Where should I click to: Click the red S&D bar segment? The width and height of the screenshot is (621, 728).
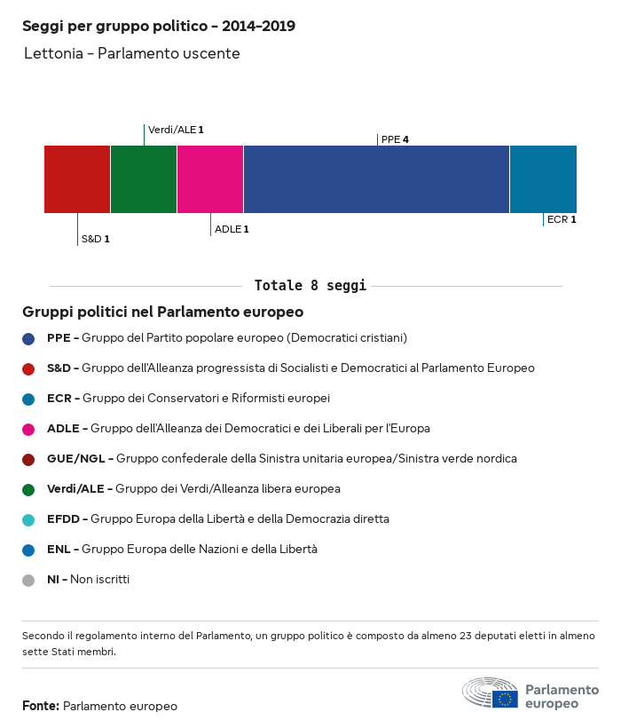77,179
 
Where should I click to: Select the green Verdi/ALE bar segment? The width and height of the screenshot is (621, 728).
144,179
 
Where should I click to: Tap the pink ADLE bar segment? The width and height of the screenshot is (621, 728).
210,179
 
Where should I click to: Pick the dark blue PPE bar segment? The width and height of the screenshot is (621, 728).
376,179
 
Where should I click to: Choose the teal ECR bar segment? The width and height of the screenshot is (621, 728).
544,179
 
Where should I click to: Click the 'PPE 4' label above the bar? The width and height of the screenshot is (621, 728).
395,139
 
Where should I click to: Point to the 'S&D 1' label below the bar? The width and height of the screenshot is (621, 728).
96,239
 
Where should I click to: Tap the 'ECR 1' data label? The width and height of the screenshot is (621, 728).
562,219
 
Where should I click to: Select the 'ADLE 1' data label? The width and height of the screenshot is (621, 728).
232,229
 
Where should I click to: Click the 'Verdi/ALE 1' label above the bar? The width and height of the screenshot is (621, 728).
176,130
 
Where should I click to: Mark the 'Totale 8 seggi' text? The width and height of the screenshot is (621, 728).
310,285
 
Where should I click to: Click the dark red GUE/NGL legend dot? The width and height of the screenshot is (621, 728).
28,460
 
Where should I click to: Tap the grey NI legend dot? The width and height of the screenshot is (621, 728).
28,581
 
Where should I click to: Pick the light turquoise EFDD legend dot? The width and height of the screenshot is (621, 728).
28,520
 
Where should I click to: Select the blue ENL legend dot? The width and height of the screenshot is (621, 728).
28,550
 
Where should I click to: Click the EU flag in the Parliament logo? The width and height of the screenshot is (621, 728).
505,699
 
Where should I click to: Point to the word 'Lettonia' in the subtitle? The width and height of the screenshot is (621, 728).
53,53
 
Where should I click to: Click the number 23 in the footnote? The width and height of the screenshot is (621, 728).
465,636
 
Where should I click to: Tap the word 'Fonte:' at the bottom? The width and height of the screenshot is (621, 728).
41,706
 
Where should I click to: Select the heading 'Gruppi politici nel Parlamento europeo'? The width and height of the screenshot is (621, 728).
162,312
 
